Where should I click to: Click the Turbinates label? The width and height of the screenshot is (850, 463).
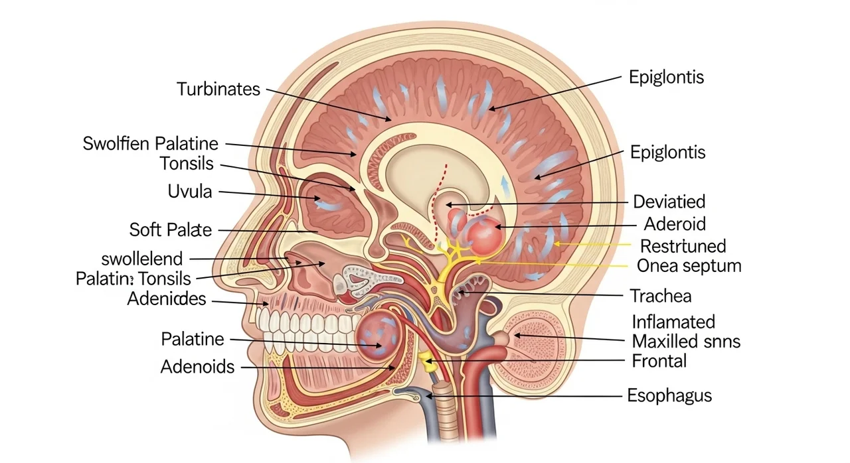[x=218, y=89]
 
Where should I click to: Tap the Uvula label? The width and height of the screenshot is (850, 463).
[x=191, y=192]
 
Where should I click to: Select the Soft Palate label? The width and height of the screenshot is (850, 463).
[x=171, y=230]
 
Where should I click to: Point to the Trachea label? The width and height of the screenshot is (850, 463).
[x=661, y=295]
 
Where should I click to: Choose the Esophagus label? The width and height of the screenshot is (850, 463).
[x=669, y=396]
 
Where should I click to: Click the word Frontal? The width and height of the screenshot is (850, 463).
[x=659, y=361]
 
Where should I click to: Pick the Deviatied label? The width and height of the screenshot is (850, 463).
[x=669, y=201]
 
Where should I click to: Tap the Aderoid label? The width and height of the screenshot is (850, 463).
[x=675, y=224]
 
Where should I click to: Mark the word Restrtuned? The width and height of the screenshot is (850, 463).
[x=683, y=246]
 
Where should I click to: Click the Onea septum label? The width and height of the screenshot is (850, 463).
[x=689, y=266]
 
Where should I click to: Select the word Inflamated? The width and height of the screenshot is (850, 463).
[x=673, y=322]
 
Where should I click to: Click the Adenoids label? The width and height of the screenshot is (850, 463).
[x=197, y=366]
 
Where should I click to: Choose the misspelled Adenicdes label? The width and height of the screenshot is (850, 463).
[x=166, y=299]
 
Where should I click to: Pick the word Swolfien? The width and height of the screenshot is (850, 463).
[x=116, y=143]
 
